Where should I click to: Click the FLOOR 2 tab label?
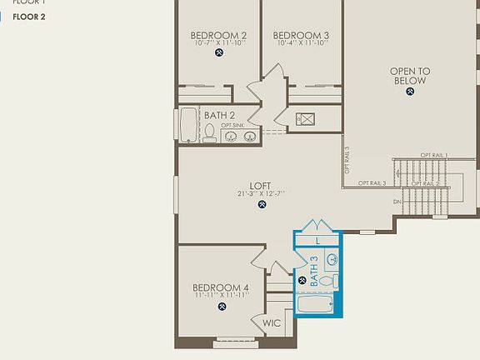[x=28, y=17]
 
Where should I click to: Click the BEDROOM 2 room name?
[x=218, y=35]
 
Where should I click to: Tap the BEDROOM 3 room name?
[x=301, y=35]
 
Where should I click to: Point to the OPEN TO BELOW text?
[x=410, y=76]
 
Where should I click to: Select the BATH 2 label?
[x=219, y=115]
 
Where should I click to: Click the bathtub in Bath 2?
[x=188, y=125]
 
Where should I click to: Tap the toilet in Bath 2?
[x=209, y=132]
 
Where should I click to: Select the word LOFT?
[x=261, y=186]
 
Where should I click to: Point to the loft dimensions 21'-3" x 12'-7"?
[x=262, y=194]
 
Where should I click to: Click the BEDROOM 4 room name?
[x=221, y=287]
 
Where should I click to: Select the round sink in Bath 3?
[x=332, y=259]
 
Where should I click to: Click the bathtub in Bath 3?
[x=317, y=305]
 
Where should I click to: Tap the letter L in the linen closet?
[x=318, y=241]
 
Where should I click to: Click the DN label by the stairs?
[x=397, y=202]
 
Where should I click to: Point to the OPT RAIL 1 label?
[x=433, y=156]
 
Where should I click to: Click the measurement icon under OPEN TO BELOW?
[x=410, y=92]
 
